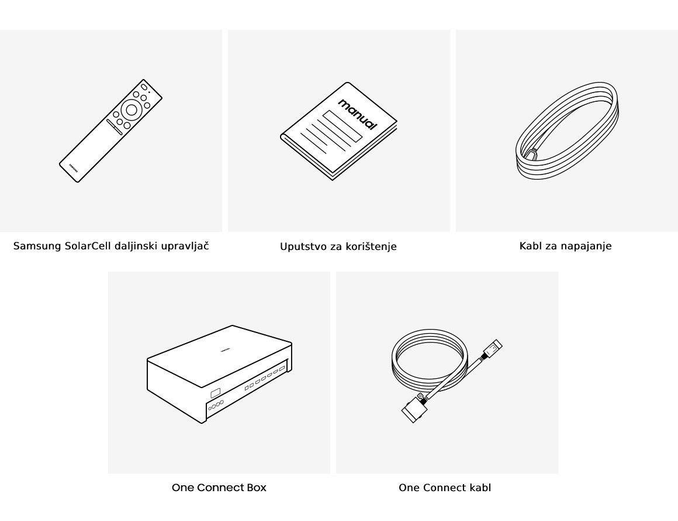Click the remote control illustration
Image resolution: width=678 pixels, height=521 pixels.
[110, 131]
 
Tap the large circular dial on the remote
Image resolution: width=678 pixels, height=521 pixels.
[132, 109]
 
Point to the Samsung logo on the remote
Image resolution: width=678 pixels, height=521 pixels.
[74, 167]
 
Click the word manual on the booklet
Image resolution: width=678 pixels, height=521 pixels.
[358, 114]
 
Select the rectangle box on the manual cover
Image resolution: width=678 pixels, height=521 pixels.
[343, 126]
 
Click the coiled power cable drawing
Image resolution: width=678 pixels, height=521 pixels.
[568, 131]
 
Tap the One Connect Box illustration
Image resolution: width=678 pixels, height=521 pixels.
[220, 374]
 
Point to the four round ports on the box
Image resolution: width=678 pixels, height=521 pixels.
[216, 405]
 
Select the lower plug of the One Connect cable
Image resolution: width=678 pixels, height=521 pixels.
[414, 409]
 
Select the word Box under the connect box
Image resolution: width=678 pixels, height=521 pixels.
[257, 488]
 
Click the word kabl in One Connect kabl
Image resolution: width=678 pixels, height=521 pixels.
[480, 488]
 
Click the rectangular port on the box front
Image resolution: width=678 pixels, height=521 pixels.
[215, 393]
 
